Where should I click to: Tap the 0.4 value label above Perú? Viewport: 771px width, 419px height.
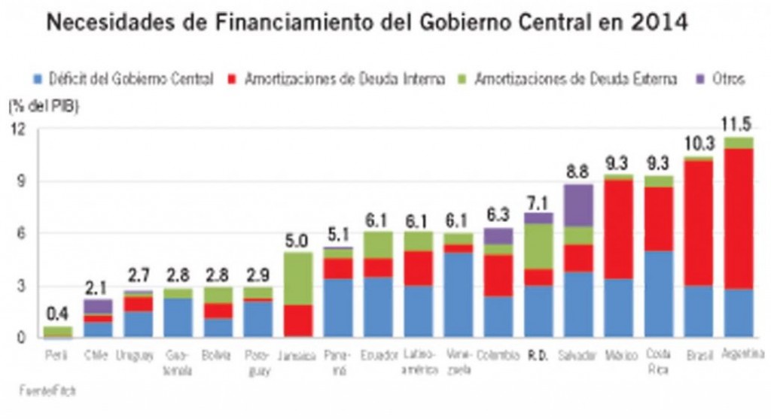click(56, 313)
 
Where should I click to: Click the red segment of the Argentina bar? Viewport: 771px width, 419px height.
click(737, 218)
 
